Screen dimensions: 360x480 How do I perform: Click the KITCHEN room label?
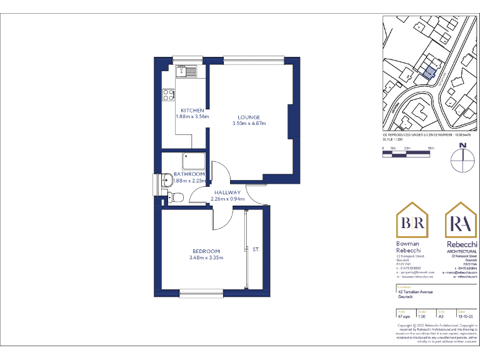(x=192, y=110)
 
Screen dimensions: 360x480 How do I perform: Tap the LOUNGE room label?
(x=249, y=117)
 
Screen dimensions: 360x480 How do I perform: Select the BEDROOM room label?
(x=206, y=251)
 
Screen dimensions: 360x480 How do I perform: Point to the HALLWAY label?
(x=227, y=192)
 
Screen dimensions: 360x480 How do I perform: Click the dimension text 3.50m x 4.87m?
(x=249, y=124)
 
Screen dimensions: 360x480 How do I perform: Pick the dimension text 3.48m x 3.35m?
(x=206, y=257)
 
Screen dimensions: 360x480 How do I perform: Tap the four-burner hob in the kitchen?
(x=168, y=95)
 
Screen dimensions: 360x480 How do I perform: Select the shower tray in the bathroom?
(x=194, y=160)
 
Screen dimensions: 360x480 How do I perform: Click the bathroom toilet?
(x=175, y=198)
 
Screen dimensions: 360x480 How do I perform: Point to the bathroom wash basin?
(x=166, y=181)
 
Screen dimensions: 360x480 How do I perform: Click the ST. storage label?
(x=256, y=249)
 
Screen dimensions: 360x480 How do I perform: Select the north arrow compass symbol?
(x=462, y=159)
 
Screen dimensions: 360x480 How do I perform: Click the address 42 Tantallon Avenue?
(x=415, y=292)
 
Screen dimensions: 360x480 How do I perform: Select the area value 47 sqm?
(x=403, y=317)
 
